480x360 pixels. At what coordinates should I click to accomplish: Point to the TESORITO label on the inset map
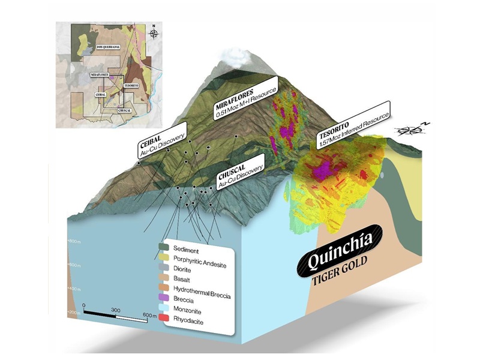point(131,85)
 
